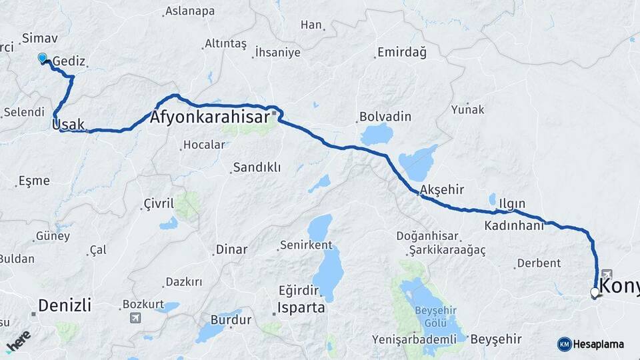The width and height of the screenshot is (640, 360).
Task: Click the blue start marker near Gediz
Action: [x=43, y=58]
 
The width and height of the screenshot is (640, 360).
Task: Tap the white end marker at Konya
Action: [x=595, y=292]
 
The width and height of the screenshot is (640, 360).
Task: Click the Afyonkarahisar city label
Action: [x=211, y=117]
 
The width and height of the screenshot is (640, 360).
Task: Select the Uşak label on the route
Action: [x=69, y=124]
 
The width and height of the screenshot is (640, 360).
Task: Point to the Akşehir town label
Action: [x=442, y=189]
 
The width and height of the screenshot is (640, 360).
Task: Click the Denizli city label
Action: [x=64, y=305]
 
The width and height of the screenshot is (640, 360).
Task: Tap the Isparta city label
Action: [x=302, y=308]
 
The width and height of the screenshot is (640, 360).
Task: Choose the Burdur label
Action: [x=231, y=320]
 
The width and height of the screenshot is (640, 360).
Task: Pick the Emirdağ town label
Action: [x=401, y=52]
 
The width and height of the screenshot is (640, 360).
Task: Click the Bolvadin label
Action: [x=381, y=116]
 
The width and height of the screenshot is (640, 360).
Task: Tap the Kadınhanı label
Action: [x=514, y=225]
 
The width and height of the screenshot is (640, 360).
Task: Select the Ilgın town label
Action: [x=512, y=203]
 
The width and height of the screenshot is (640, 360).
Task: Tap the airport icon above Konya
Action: [x=606, y=274]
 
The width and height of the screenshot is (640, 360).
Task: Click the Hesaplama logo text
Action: [x=598, y=345]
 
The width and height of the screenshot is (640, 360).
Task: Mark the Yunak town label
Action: [x=468, y=109]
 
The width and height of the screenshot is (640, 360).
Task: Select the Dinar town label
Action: [x=231, y=250]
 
